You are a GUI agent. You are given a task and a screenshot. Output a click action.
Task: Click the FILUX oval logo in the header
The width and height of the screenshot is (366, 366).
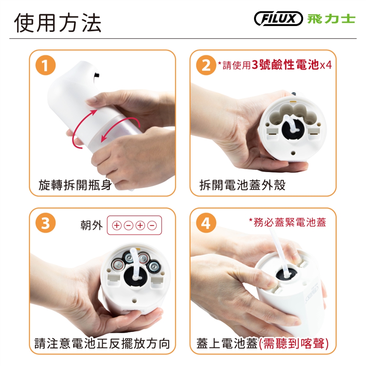coord(278,18)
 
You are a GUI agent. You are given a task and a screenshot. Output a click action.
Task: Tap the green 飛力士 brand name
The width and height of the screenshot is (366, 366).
coord(331,19)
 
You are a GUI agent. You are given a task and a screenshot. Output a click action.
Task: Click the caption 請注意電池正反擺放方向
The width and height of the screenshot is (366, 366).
coord(102,344)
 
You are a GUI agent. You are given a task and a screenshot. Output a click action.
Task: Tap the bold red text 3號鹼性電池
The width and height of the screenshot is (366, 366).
coord(285,65)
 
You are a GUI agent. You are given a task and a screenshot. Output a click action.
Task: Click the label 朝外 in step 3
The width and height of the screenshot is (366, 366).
coord(91,225)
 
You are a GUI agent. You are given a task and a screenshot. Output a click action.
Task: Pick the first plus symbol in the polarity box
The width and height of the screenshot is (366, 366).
coord(117,225)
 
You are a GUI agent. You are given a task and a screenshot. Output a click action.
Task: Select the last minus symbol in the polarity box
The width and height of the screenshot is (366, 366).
coord(152,225)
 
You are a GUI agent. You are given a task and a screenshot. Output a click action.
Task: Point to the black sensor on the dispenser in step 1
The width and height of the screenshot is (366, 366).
coord(96,75)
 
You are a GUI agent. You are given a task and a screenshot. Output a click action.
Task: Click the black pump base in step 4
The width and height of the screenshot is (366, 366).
coord(286,274)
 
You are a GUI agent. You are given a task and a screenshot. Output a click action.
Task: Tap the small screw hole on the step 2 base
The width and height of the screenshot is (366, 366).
coord(294,153)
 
